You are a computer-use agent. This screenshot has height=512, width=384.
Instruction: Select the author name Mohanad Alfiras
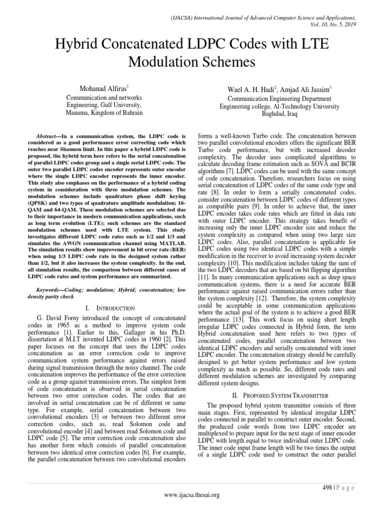[x=102, y=89]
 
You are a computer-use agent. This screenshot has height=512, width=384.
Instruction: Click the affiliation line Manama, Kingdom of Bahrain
[x=104, y=113]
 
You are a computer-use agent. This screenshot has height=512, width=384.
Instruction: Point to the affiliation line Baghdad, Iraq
[x=283, y=113]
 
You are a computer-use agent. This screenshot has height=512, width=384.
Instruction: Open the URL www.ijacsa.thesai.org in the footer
[x=192, y=495]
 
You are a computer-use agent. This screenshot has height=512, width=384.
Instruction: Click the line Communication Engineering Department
[x=282, y=99]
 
